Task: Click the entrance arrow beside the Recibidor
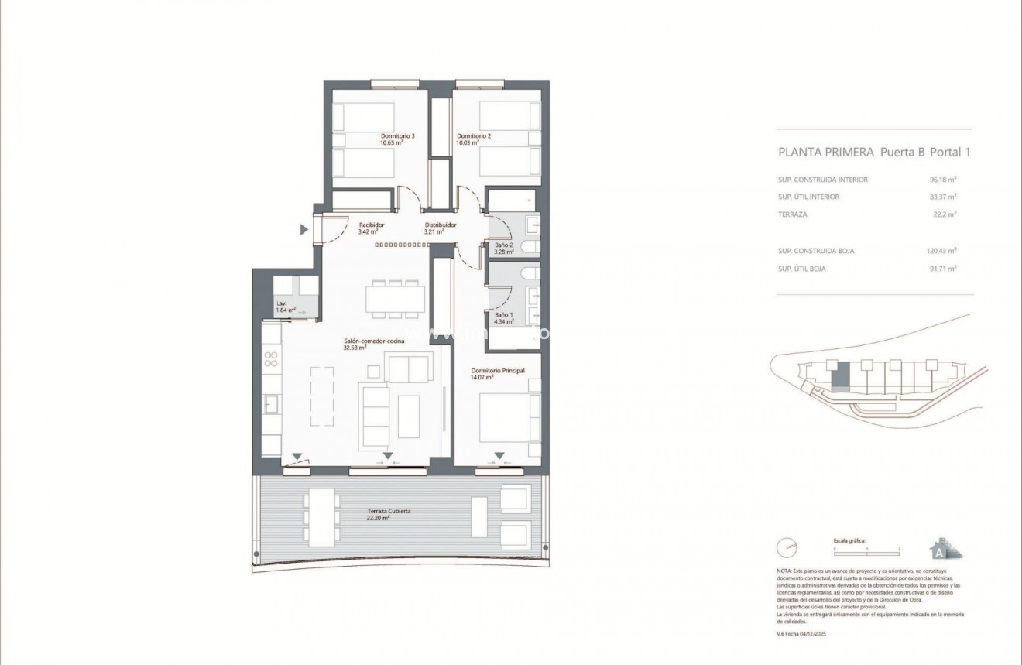pyautogui.click(x=305, y=229)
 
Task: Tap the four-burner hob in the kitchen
pyautogui.click(x=272, y=358)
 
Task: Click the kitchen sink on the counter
pyautogui.click(x=272, y=404)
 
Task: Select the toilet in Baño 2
pyautogui.click(x=530, y=247)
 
